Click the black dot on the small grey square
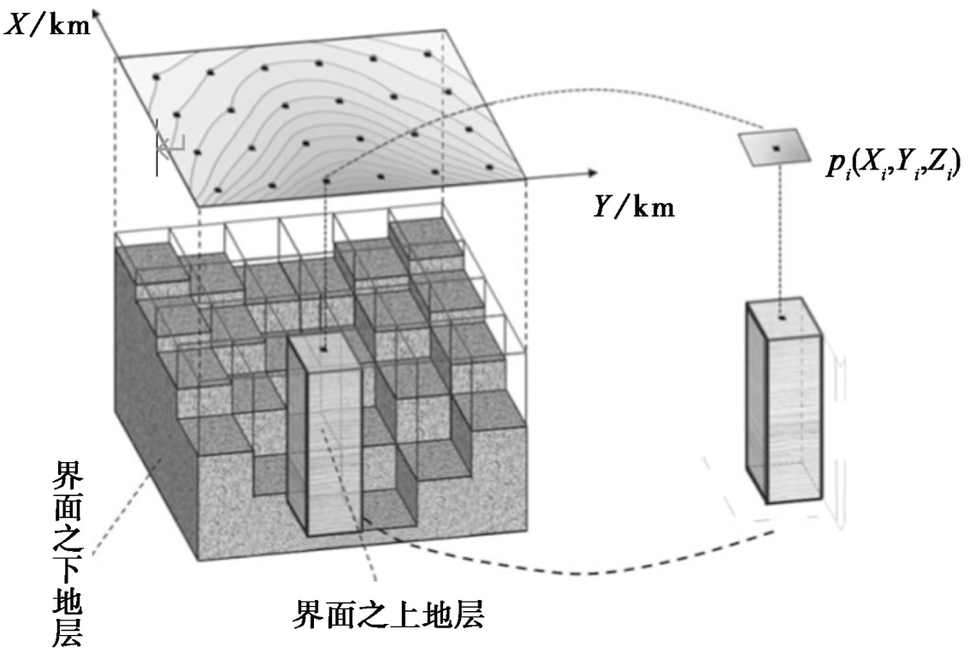pos(776,149)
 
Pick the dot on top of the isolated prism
pos(780,318)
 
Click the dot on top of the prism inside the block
pos(323,350)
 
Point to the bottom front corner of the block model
pos(199,561)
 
